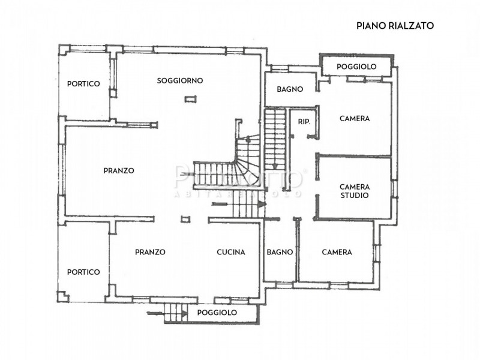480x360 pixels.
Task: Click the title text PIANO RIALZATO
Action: click(395, 25)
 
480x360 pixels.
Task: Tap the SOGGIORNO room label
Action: click(180, 80)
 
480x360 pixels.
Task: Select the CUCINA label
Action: click(231, 253)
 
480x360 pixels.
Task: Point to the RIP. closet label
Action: click(304, 122)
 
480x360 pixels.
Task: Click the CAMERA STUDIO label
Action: click(354, 191)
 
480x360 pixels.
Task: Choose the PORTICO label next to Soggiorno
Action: click(83, 84)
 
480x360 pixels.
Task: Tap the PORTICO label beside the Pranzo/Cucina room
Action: click(83, 272)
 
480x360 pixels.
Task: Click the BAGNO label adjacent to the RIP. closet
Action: click(290, 89)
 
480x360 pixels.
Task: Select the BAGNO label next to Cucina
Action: click(280, 253)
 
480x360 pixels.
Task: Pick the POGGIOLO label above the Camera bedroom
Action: click(356, 67)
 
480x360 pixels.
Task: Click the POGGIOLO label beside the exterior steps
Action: click(217, 313)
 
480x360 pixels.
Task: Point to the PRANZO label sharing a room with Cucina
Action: click(150, 253)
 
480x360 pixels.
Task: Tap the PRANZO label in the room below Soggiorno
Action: click(119, 170)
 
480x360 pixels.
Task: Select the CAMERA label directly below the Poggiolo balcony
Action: click(355, 119)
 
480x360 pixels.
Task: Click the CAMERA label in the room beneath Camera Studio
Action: click(337, 253)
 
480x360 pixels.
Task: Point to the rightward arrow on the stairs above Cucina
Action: click(260, 205)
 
